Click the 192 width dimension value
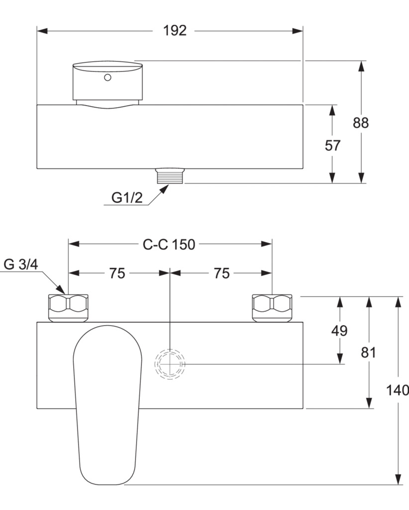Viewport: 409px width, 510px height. pyautogui.click(x=175, y=30)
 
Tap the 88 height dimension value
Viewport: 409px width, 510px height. pyautogui.click(x=361, y=123)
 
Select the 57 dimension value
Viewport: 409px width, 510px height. pyautogui.click(x=332, y=145)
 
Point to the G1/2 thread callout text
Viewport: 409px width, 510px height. pyautogui.click(x=127, y=197)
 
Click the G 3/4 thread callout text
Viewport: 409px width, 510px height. pyautogui.click(x=21, y=264)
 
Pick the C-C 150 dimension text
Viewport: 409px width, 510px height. pyautogui.click(x=169, y=244)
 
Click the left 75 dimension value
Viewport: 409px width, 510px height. pyautogui.click(x=117, y=273)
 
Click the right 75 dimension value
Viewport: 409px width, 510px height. pyautogui.click(x=221, y=273)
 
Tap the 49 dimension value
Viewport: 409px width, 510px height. pyautogui.click(x=339, y=331)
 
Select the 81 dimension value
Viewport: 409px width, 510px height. pyautogui.click(x=368, y=352)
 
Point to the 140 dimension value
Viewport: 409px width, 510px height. pyautogui.click(x=397, y=390)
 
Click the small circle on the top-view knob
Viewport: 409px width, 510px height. pyautogui.click(x=107, y=77)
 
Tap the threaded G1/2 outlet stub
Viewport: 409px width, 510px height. pyautogui.click(x=170, y=176)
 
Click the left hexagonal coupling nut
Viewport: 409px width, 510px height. pyautogui.click(x=68, y=308)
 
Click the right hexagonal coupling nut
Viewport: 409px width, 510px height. pyautogui.click(x=272, y=308)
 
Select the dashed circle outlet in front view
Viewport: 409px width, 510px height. pyautogui.click(x=170, y=364)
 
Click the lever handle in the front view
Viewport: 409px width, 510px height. pyautogui.click(x=107, y=405)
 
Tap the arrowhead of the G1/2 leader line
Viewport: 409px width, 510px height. pyautogui.click(x=165, y=189)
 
